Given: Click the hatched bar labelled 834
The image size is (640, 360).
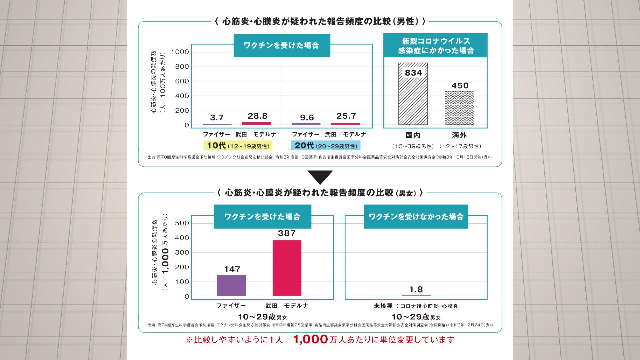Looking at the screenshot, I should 413,97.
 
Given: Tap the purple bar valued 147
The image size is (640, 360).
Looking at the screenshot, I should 231,285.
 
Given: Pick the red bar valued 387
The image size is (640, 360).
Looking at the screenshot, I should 287,268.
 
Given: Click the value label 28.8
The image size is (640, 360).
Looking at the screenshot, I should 257,116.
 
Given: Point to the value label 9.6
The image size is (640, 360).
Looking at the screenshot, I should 307,118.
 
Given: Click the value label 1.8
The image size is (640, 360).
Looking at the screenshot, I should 416,289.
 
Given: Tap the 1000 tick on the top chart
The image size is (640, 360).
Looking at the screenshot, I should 180,52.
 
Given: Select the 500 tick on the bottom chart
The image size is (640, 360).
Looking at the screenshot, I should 182,223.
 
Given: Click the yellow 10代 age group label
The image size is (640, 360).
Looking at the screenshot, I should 238,146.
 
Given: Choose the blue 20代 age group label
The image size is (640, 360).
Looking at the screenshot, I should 326,146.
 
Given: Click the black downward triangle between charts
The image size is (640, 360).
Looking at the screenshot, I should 320,177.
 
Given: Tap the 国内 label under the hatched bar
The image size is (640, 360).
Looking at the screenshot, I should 413,135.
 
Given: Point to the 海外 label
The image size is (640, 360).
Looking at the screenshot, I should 459,135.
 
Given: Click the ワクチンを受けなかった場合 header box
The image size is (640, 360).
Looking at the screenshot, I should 416,217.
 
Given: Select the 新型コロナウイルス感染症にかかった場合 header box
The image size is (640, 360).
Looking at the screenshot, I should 435,46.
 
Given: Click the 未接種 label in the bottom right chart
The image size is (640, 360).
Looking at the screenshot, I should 383,306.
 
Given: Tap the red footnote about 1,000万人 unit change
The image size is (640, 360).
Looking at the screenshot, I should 320,340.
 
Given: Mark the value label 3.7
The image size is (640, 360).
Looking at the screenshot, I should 217,118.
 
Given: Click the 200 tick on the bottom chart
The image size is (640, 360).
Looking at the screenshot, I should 182,267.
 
